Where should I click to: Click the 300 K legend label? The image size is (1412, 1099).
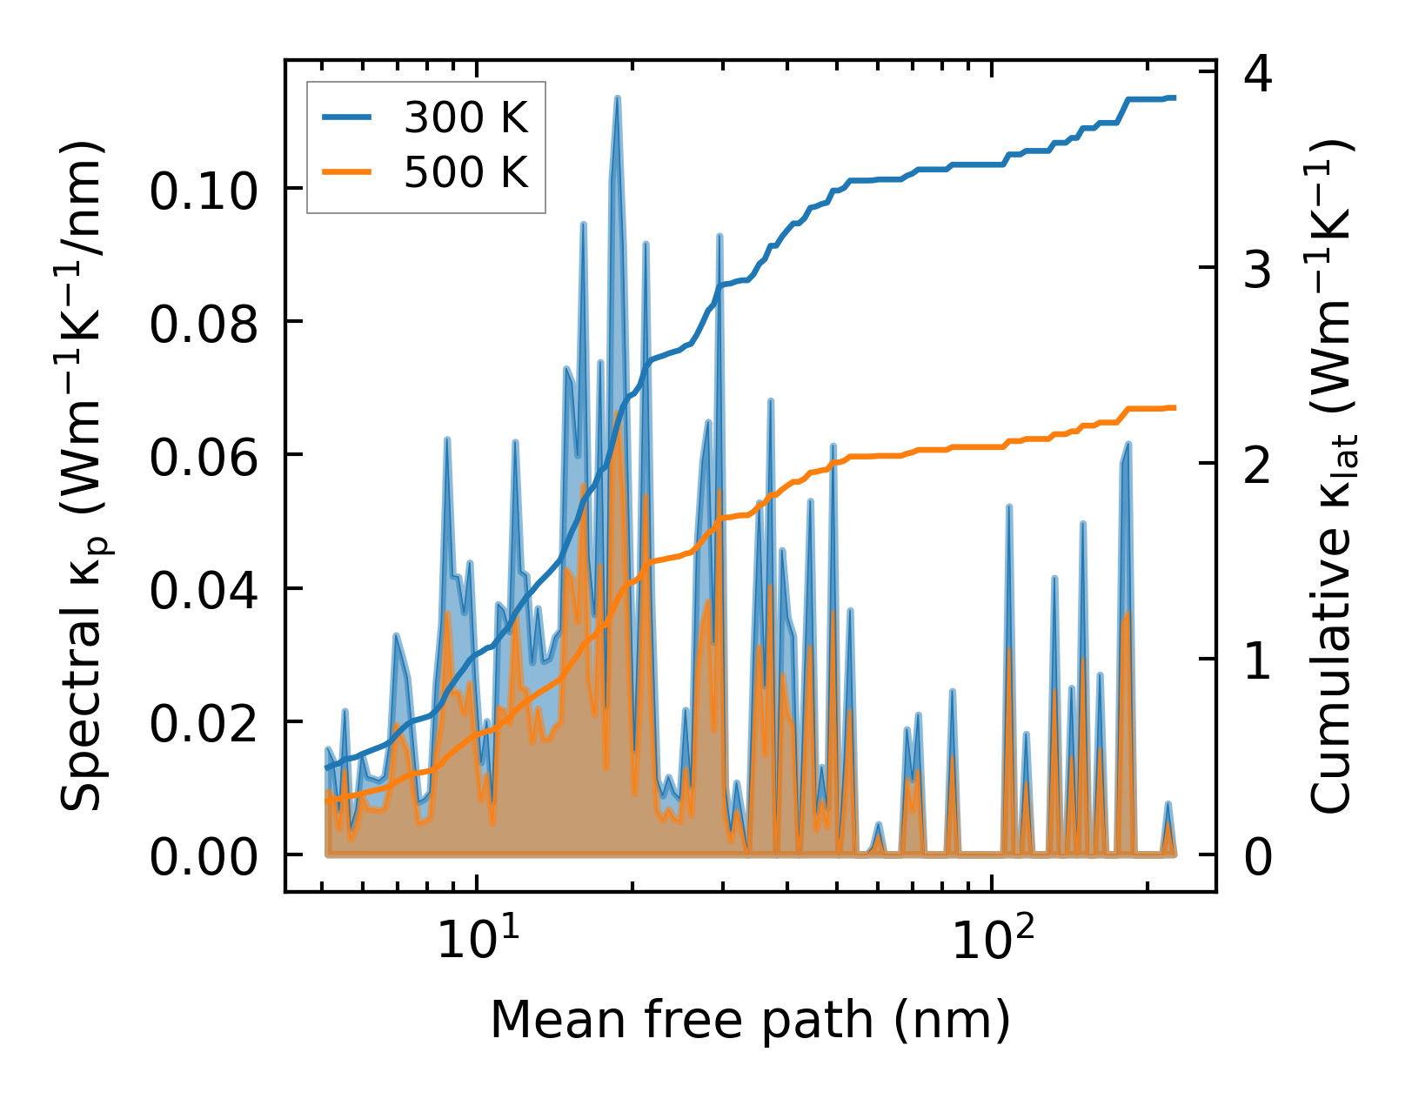[x=465, y=118]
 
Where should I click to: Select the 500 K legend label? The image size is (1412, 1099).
[x=465, y=172]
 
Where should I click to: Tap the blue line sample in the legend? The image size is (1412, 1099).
[x=347, y=118]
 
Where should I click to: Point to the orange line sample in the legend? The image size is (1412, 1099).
[x=347, y=172]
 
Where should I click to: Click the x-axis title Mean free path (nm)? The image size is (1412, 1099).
[x=750, y=1020]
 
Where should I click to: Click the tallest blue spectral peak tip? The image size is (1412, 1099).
[x=617, y=98]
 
